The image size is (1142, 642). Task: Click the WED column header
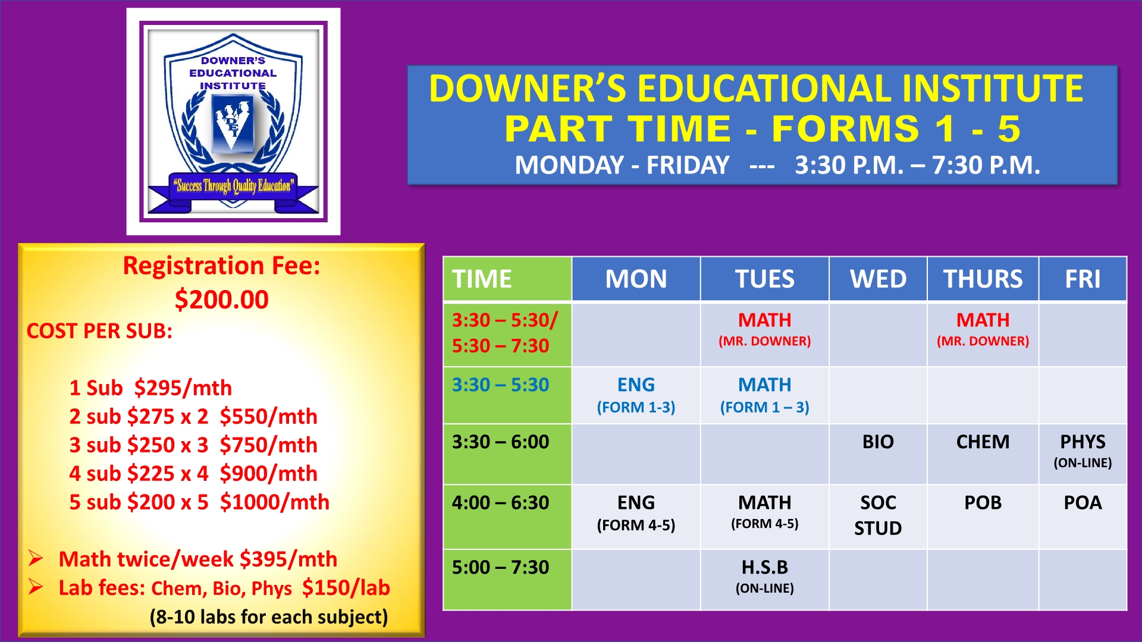[878, 279]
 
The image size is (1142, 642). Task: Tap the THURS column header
[983, 279]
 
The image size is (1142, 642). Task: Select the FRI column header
[1083, 279]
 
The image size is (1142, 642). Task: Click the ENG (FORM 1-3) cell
[636, 395]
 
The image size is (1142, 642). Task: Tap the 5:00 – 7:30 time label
[500, 567]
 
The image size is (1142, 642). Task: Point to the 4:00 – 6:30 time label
[500, 502]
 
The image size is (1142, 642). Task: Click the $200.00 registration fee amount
[221, 299]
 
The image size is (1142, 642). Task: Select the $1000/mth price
[274, 502]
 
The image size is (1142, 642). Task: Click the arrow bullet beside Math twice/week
[36, 558]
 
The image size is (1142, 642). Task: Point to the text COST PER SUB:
[99, 331]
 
